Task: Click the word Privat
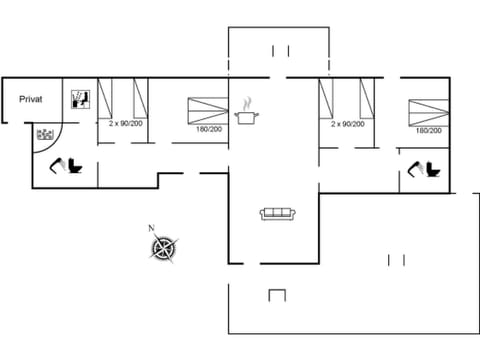tap(30, 98)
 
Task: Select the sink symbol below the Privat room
tap(45, 134)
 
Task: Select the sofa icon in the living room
tap(277, 213)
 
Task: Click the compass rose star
tap(166, 248)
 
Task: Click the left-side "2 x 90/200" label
tap(126, 123)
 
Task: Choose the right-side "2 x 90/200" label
tap(348, 123)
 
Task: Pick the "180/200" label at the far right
tap(429, 130)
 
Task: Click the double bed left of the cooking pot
tap(208, 107)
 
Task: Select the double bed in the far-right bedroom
tap(427, 109)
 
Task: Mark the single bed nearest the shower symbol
tap(109, 98)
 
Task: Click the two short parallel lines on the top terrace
tap(280, 50)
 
